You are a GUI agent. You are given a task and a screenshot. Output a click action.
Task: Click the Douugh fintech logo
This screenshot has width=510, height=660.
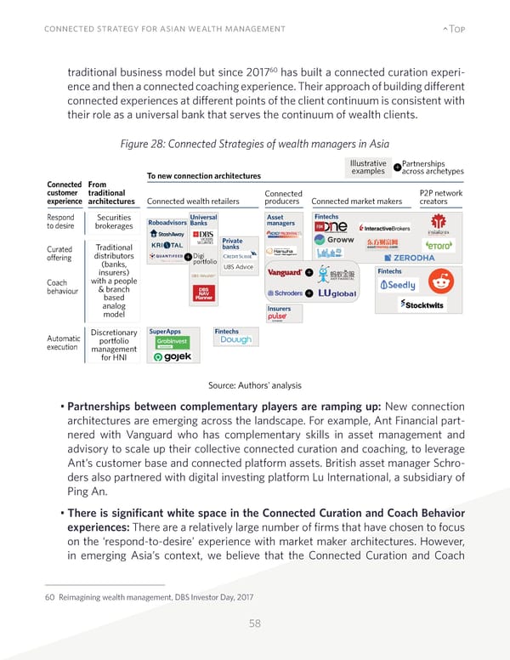click(x=235, y=339)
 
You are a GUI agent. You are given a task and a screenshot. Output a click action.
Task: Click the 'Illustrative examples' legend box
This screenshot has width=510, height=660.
click(x=368, y=168)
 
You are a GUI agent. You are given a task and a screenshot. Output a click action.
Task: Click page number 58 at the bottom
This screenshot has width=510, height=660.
click(x=256, y=623)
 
